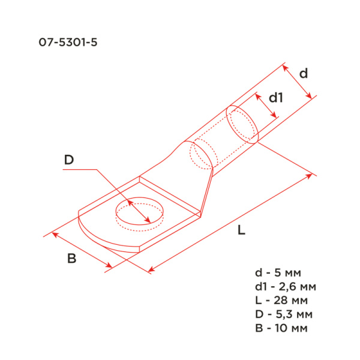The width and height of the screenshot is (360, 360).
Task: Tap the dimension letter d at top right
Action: [x=304, y=73]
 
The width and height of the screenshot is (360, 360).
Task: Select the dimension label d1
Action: [x=275, y=97]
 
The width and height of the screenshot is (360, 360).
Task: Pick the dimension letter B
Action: [x=71, y=259]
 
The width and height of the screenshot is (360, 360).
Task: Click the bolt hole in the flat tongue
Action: [x=139, y=213]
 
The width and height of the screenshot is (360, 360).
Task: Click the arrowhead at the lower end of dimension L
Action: [x=150, y=270]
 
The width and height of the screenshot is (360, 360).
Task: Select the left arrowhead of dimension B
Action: [x=54, y=234]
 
